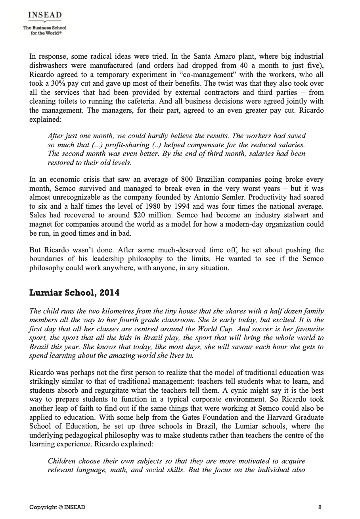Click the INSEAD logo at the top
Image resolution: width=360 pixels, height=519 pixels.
(x=45, y=15)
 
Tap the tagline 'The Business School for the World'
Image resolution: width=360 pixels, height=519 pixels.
(x=45, y=30)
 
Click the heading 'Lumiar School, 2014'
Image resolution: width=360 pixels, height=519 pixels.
(x=75, y=293)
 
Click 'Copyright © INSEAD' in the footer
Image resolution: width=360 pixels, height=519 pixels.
(x=57, y=507)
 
